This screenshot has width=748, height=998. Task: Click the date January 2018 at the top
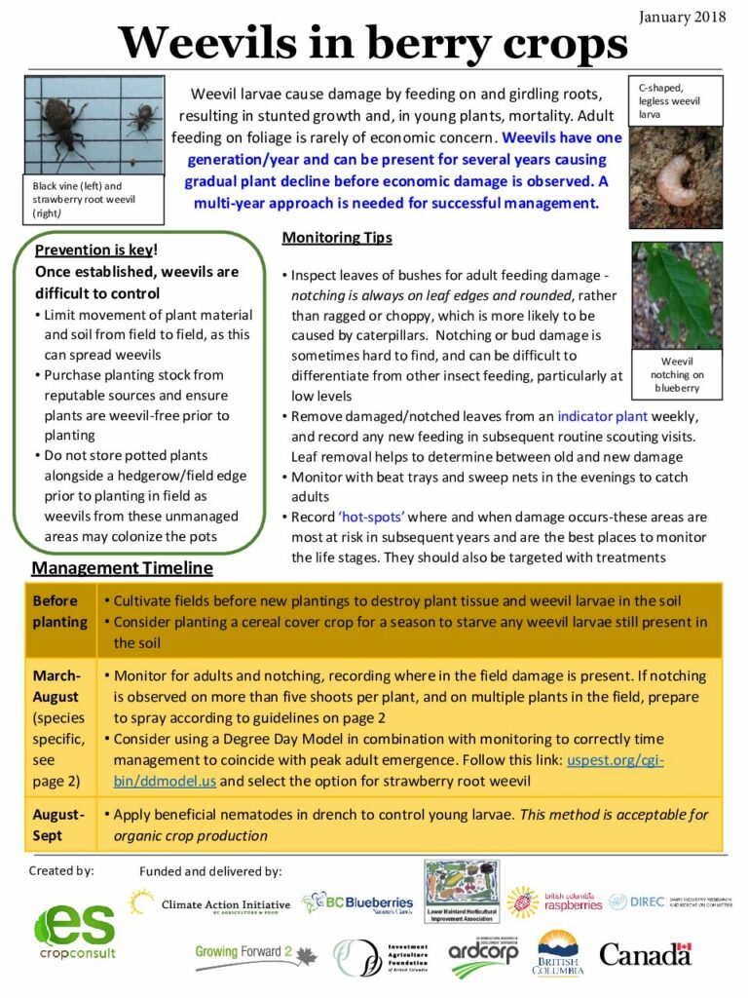(x=682, y=17)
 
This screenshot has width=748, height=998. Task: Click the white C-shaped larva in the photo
(x=674, y=179)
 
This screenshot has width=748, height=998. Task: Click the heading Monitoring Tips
(x=337, y=238)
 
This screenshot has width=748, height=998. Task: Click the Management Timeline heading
(x=122, y=567)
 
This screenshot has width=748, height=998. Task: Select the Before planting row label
(x=59, y=611)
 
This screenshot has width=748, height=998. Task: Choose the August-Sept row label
(x=58, y=825)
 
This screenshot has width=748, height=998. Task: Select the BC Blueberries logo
(x=357, y=904)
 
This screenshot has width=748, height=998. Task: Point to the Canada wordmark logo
(x=644, y=953)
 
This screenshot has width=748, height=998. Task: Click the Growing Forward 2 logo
(x=255, y=952)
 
